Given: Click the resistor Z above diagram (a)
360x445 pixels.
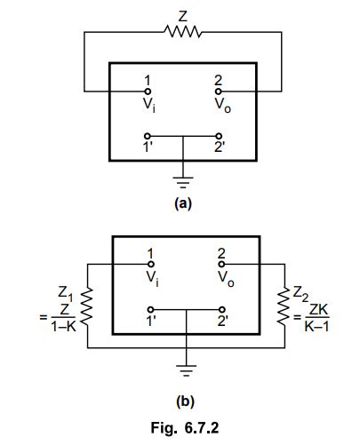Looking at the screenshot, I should point(182,33).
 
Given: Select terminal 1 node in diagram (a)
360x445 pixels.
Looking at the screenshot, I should point(148,91).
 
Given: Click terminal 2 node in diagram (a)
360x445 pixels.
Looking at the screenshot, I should point(219,91).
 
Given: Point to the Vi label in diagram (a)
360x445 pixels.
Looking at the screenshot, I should point(148,104).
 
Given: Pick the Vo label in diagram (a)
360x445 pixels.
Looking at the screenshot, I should point(220,104).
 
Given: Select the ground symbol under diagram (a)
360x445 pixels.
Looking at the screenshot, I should point(183,182).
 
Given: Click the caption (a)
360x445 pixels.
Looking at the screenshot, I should point(183,203).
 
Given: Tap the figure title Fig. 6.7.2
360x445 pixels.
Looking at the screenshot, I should point(183,424).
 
